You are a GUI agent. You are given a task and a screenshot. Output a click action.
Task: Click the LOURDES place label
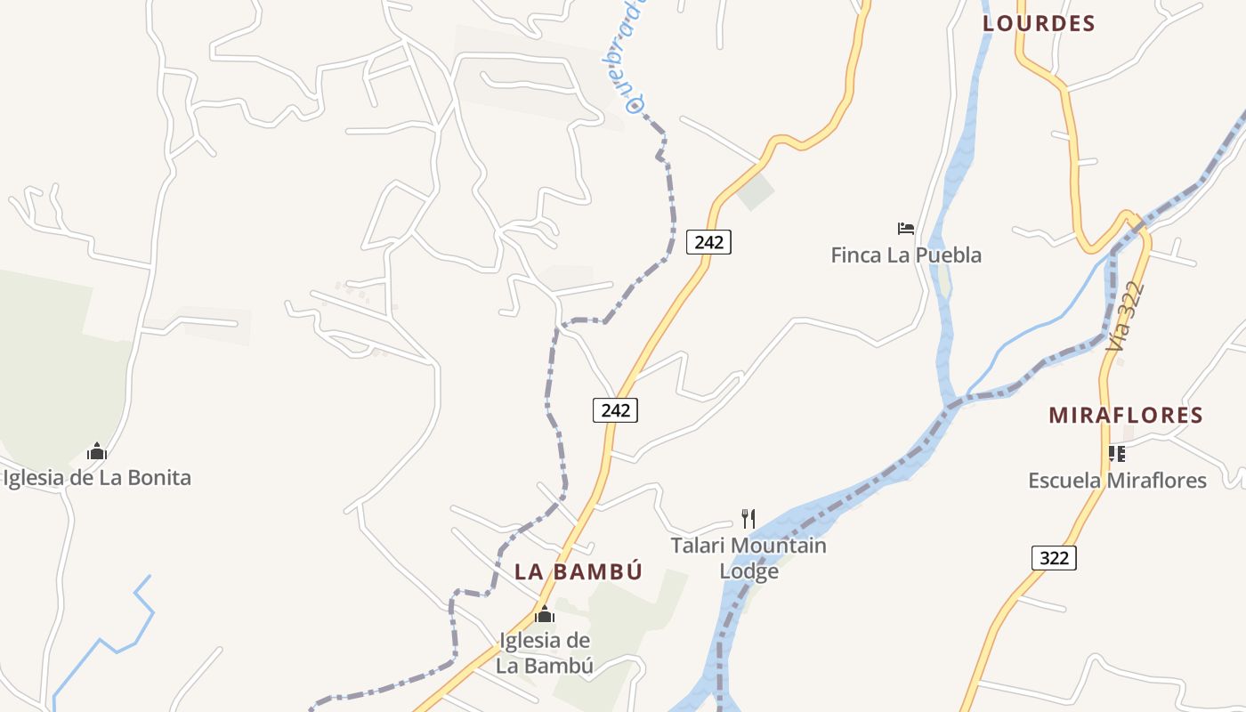[1039, 24]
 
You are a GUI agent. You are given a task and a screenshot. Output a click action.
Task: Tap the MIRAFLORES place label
[1125, 416]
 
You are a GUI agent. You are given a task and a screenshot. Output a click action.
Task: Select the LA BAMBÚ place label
[578, 572]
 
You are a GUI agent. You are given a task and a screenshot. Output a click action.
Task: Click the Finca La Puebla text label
[906, 255]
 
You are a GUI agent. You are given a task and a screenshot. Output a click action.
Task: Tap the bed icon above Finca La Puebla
[906, 229]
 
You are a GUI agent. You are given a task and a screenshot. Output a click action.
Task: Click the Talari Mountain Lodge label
[748, 558]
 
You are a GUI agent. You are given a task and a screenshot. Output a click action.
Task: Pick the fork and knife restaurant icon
[748, 518]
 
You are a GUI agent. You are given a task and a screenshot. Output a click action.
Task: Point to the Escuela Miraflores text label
[1117, 481]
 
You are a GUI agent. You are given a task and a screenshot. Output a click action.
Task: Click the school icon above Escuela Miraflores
[1117, 454]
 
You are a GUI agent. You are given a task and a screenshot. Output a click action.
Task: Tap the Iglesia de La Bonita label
[97, 478]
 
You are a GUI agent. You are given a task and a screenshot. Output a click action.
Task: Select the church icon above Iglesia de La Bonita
[97, 452]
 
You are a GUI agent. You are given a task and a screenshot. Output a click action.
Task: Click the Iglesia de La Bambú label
[545, 652]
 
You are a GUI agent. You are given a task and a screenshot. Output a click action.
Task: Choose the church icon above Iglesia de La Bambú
[545, 615]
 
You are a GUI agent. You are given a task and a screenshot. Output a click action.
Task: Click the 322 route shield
[1055, 558]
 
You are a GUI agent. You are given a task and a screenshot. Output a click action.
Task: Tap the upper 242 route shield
[708, 241]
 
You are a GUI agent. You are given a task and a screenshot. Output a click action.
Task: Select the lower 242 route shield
[615, 410]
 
